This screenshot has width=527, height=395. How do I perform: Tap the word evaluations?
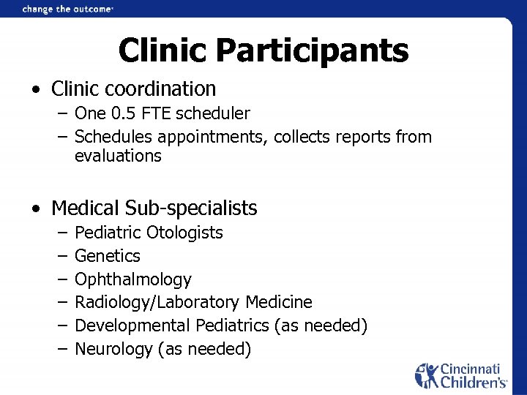coord(118,155)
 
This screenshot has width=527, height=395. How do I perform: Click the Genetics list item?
coord(108,256)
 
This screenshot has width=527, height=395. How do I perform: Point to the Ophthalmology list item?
coord(133,279)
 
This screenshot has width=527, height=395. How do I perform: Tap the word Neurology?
coord(113,349)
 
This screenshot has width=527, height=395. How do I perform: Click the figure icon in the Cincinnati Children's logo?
coord(427,375)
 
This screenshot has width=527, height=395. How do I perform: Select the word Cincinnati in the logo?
coord(471,369)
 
